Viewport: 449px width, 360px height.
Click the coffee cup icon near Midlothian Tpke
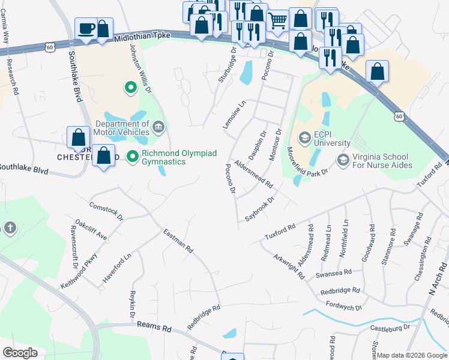[x=86, y=28]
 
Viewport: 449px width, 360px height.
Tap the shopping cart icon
[x=277, y=20]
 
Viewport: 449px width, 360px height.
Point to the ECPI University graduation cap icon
[x=304, y=138]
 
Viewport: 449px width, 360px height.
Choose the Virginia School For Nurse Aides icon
[x=343, y=160]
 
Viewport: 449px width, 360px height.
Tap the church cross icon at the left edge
[x=9, y=228]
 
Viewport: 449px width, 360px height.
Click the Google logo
[x=20, y=353]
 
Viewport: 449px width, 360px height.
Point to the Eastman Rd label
[x=178, y=240]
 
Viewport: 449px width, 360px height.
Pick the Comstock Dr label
[x=106, y=211]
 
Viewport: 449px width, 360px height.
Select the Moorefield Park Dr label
[x=306, y=161]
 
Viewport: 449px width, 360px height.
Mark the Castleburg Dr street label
[x=390, y=328]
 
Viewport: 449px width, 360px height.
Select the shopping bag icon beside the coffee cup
[x=103, y=29]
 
